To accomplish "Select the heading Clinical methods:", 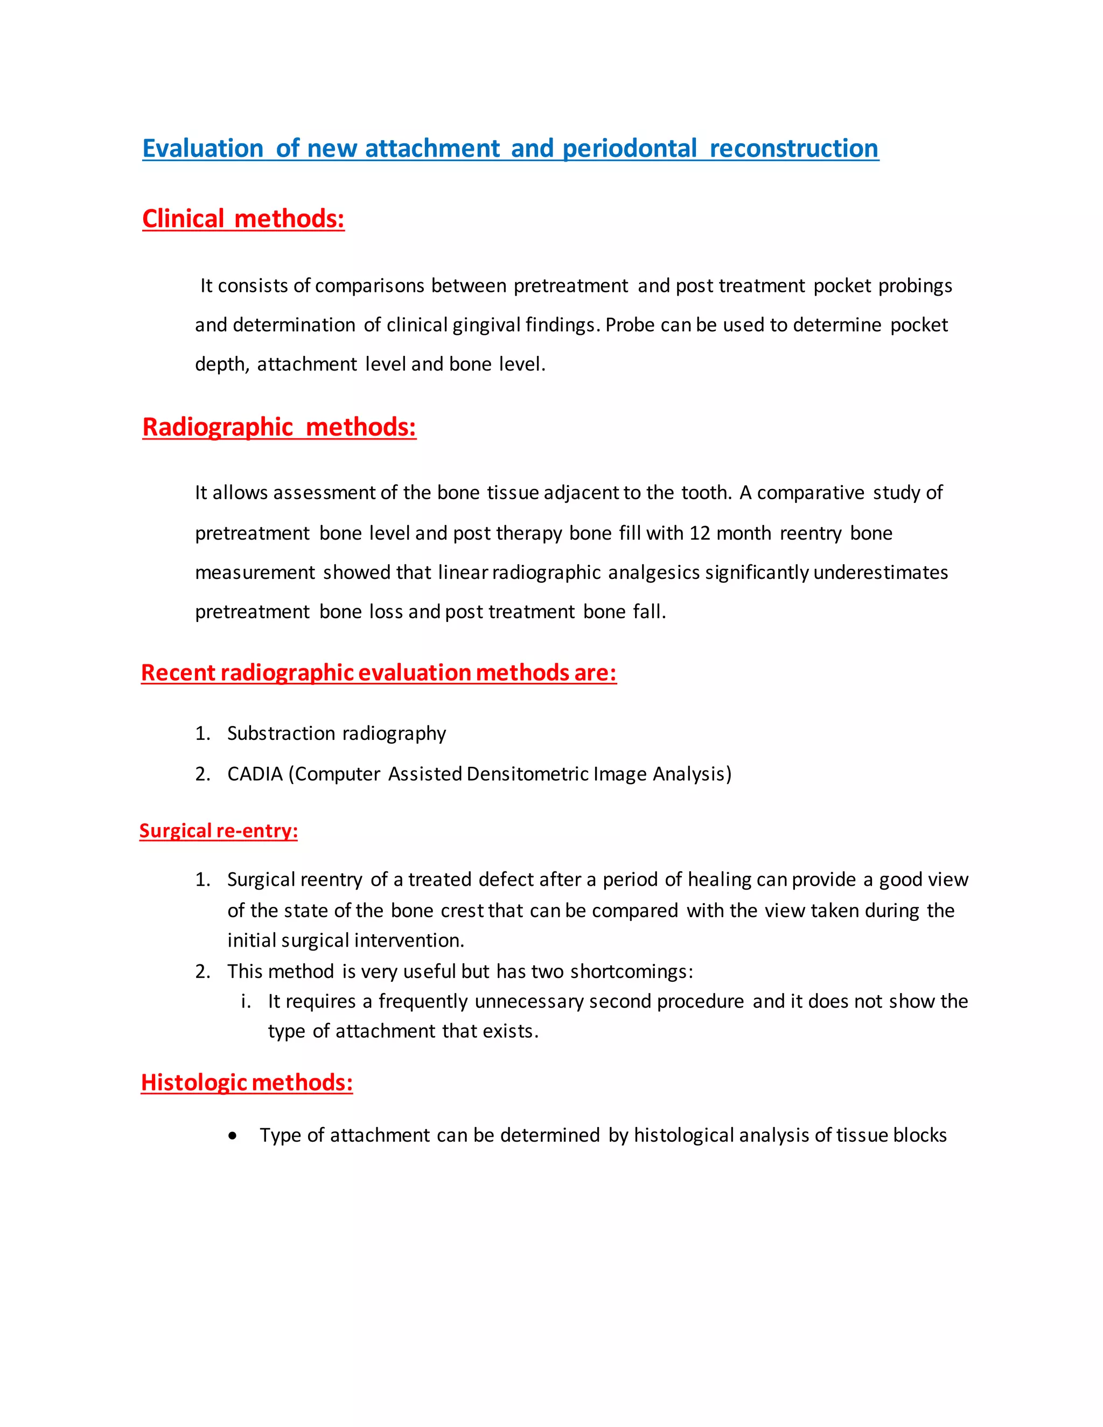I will tap(243, 219).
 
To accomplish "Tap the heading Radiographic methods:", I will tap(279, 428).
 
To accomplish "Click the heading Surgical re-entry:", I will tap(218, 830).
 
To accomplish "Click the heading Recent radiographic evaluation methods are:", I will tap(378, 673).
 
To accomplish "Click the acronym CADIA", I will tap(255, 774).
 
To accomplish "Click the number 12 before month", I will tap(699, 533).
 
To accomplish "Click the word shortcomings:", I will tap(631, 971).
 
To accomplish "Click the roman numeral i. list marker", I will tap(246, 1001).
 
